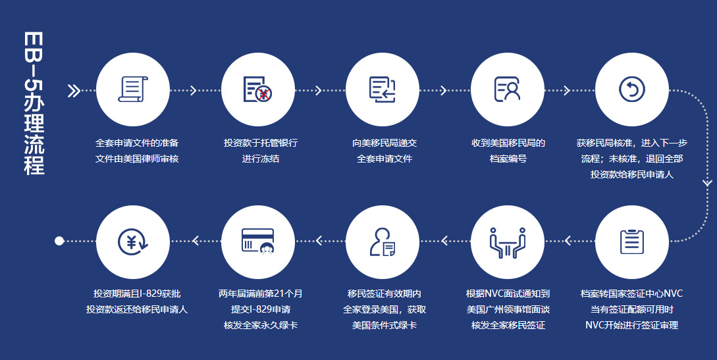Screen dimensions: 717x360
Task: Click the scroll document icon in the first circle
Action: tap(133, 89)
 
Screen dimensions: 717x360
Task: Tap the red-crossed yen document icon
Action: tap(258, 90)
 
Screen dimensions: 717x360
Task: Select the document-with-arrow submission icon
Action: tap(383, 90)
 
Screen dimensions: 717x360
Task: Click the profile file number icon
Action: tap(508, 89)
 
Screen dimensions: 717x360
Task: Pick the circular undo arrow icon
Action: tap(632, 89)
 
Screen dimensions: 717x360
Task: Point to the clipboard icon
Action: tap(632, 242)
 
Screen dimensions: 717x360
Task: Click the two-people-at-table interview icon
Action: tap(508, 243)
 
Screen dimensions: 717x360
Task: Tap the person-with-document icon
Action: tap(383, 242)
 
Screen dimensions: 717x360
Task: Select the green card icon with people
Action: tap(258, 242)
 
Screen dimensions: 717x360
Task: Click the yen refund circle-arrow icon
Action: tap(133, 242)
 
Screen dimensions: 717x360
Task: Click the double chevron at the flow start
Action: tap(74, 91)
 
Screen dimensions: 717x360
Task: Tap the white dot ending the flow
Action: tap(59, 241)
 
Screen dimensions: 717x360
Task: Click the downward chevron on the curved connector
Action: tap(707, 183)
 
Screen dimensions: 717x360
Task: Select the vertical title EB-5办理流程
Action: tap(34, 103)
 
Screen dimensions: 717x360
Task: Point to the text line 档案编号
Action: tap(508, 159)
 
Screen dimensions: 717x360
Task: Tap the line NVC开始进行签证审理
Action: tap(632, 325)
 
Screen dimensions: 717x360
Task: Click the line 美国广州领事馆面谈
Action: tap(508, 309)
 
